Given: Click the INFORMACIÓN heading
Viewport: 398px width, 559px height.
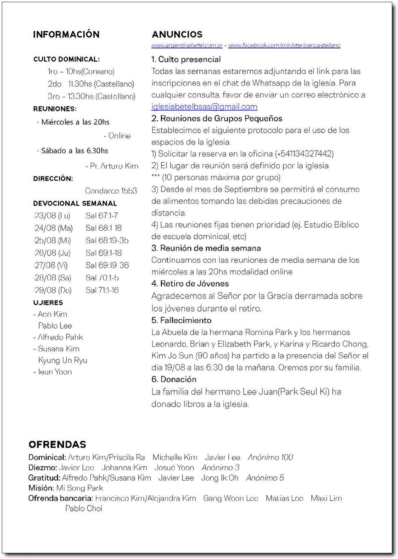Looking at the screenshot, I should click(x=66, y=35).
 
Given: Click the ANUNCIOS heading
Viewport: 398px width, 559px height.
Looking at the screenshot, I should click(x=177, y=35).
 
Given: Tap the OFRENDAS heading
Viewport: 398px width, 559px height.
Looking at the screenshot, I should click(x=57, y=444).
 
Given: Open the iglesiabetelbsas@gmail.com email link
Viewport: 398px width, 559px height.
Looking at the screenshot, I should click(x=204, y=107).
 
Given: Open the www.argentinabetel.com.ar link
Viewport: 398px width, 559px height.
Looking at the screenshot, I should click(x=187, y=45).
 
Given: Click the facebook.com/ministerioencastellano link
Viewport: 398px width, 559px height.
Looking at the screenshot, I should click(x=284, y=45).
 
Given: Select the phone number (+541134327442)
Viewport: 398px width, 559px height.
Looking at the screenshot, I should click(x=304, y=154).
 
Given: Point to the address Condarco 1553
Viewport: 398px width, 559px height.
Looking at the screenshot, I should click(x=111, y=191).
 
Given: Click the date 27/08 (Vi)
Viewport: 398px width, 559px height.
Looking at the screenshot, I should click(x=51, y=265).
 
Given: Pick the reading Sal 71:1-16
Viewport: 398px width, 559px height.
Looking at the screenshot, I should click(x=102, y=290).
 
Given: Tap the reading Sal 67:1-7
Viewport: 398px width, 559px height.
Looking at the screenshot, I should click(x=101, y=216).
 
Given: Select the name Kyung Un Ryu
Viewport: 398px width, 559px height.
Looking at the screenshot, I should click(x=63, y=360).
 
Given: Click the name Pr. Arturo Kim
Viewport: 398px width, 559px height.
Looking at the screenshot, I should click(x=112, y=166).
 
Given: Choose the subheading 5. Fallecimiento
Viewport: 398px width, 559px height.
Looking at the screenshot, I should click(x=181, y=320).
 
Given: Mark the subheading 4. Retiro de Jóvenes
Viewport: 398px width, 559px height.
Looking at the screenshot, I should click(x=190, y=284).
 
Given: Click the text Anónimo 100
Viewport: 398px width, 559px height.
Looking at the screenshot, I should click(x=270, y=457).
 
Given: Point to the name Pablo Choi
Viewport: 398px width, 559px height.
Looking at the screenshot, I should click(x=83, y=508).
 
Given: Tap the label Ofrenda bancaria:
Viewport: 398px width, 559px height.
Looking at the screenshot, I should click(x=61, y=498).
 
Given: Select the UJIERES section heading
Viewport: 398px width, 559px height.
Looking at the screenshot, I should click(x=48, y=303).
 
